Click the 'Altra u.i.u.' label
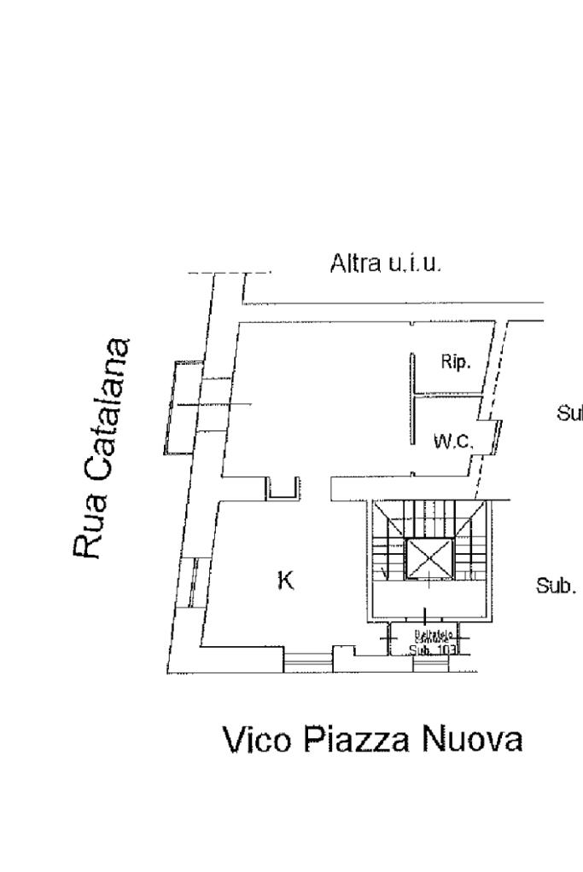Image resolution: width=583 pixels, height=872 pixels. (x=386, y=265)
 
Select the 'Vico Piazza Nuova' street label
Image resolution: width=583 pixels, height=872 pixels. (x=372, y=740)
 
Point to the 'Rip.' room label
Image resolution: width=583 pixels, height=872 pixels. (x=454, y=362)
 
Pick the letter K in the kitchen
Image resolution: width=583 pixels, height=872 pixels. (x=286, y=581)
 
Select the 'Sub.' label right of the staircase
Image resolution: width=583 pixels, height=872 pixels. (x=556, y=586)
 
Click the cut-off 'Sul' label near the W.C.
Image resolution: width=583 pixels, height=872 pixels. (x=569, y=414)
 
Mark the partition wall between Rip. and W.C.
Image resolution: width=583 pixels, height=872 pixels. (x=446, y=396)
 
